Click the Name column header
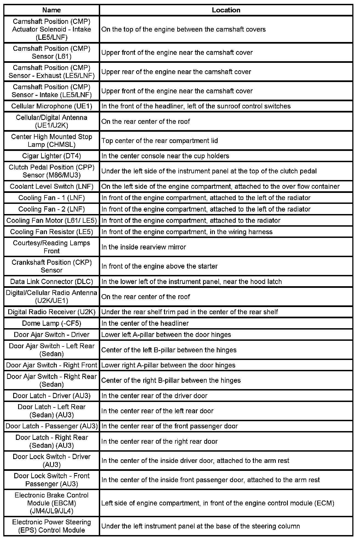click(52, 10)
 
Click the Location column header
click(226, 10)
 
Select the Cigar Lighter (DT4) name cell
click(52, 156)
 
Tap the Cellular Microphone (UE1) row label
click(52, 106)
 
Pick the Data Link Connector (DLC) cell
click(52, 282)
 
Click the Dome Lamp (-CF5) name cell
click(52, 323)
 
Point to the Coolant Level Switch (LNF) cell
click(52, 187)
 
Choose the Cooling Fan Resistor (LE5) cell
click(52, 232)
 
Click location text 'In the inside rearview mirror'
click(144, 247)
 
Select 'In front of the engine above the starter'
click(159, 266)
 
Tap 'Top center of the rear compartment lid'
click(159, 141)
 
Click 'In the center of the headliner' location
click(145, 323)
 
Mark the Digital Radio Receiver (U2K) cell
click(52, 312)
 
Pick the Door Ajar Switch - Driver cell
click(52, 334)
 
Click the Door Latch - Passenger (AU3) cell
click(52, 426)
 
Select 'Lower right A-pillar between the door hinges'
click(168, 365)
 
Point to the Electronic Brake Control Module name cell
click(52, 503)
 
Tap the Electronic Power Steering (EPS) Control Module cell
click(52, 526)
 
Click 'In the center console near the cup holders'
click(165, 156)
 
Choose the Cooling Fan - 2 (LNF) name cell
click(52, 209)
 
